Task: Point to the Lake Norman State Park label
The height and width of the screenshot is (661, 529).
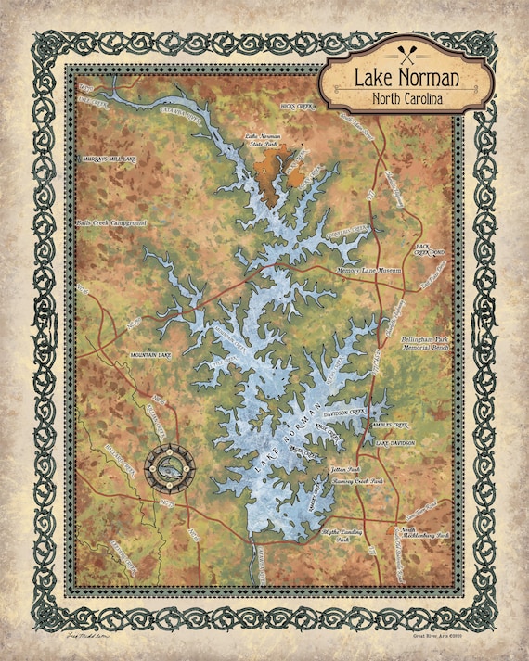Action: point(262,140)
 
